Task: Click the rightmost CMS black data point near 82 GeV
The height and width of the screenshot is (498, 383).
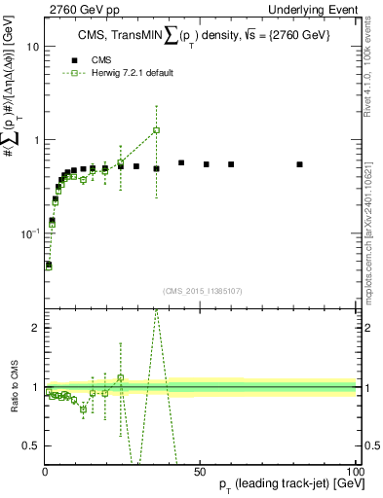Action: click(299, 164)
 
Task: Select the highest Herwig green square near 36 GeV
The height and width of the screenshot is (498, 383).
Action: click(156, 130)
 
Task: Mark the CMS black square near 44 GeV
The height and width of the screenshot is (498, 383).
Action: click(181, 162)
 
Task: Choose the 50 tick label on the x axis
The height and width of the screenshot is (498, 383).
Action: click(199, 470)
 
